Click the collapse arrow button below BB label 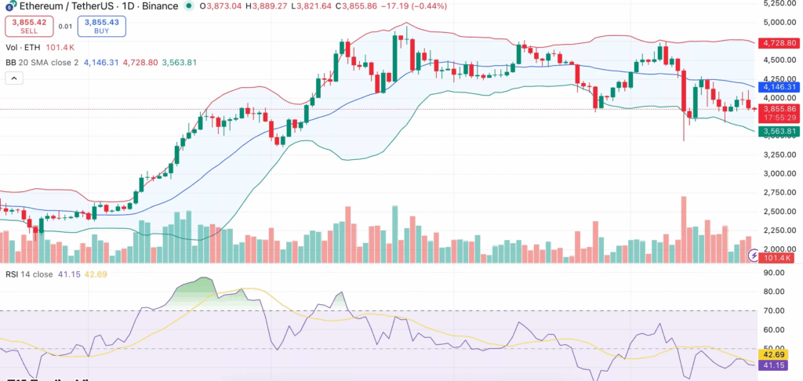pyautogui.click(x=14, y=78)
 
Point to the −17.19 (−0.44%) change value pyautogui.click(x=369, y=6)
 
